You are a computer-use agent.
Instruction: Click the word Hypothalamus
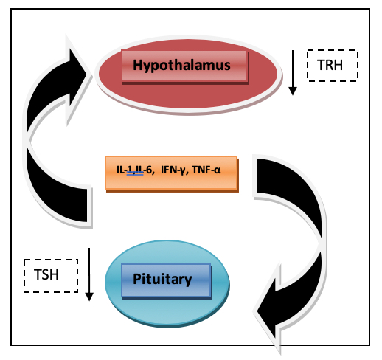pyautogui.click(x=181, y=66)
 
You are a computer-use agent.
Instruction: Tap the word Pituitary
pyautogui.click(x=162, y=280)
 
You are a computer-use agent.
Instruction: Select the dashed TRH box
pyautogui.click(x=333, y=66)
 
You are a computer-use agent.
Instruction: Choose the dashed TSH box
pyautogui.click(x=51, y=276)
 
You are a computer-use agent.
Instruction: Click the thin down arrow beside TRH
pyautogui.click(x=293, y=73)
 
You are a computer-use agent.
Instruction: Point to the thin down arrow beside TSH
pyautogui.click(x=89, y=274)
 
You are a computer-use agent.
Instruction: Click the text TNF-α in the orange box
pyautogui.click(x=206, y=170)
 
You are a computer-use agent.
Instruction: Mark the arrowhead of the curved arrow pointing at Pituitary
pyautogui.click(x=268, y=311)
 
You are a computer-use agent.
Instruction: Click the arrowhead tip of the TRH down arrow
pyautogui.click(x=293, y=95)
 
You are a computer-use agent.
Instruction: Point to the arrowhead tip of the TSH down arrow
pyautogui.click(x=89, y=301)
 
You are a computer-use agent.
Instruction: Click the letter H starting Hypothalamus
pyautogui.click(x=137, y=65)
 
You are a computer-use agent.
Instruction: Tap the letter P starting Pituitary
pyautogui.click(x=136, y=279)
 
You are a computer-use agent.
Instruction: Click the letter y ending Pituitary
pyautogui.click(x=189, y=281)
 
